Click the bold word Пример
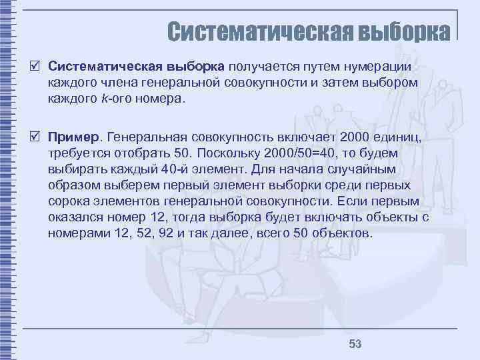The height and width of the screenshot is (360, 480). pos(73,137)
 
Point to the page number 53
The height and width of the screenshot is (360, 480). pos(355,343)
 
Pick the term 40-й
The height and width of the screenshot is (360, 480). pos(173,169)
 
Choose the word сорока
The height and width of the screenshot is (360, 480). pos(69,201)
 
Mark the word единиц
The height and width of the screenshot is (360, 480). pos(393,137)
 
